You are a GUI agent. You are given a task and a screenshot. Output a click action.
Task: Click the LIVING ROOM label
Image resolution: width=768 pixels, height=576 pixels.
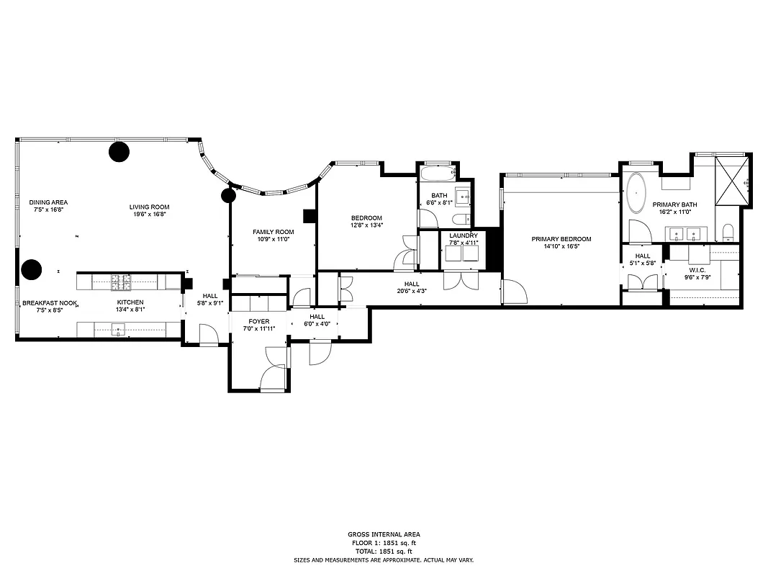click(150, 207)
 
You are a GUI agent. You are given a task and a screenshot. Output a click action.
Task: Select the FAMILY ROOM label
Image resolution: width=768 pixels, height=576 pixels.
click(273, 232)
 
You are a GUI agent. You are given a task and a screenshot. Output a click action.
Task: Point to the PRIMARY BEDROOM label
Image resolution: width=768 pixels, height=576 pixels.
click(561, 239)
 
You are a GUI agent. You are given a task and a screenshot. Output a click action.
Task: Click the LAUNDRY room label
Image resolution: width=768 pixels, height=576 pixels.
click(464, 235)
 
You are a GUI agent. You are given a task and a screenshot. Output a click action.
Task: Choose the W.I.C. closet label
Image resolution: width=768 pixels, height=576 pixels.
click(695, 269)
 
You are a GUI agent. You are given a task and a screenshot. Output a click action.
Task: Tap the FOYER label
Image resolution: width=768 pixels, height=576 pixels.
click(259, 321)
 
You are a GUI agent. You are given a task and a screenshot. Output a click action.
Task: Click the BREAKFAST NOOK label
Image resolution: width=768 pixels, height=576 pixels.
click(50, 302)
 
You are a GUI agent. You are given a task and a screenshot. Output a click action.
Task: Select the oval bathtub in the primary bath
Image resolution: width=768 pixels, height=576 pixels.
click(637, 194)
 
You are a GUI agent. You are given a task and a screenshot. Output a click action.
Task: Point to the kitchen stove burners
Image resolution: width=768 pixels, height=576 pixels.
click(120, 281)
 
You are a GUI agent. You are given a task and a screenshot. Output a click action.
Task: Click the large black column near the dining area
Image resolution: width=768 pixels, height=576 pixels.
click(119, 151)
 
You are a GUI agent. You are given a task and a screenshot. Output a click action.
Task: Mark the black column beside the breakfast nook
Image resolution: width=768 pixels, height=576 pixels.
click(31, 270)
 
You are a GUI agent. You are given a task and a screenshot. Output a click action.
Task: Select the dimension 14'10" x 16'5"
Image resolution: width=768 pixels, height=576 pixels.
click(561, 246)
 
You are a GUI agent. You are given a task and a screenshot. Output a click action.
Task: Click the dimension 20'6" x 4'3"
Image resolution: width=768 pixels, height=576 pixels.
click(412, 291)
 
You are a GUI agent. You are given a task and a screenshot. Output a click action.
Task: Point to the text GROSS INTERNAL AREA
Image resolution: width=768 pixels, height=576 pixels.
click(383, 534)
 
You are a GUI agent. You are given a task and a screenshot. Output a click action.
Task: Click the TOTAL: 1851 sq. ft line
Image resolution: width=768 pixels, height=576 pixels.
click(383, 551)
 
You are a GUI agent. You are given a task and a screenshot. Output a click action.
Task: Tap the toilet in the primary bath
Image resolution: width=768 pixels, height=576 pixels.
click(727, 231)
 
